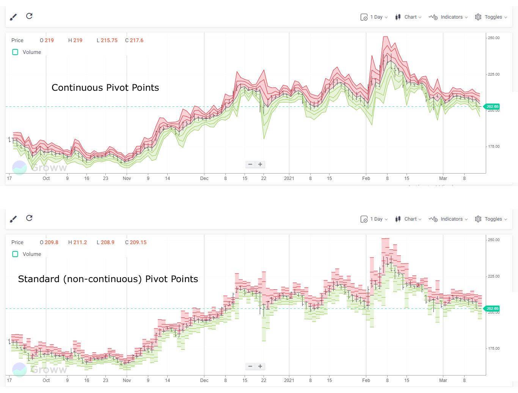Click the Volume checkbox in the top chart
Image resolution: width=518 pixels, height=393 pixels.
click(15, 52)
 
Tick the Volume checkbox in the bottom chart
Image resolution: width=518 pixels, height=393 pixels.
click(15, 254)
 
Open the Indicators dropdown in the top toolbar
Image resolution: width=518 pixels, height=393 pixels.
click(448, 17)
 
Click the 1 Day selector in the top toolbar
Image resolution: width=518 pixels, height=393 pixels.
click(374, 17)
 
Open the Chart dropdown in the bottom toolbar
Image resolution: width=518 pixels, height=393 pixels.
click(408, 219)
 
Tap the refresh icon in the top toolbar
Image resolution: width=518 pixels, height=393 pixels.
click(29, 16)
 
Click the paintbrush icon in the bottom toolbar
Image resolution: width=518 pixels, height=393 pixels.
click(13, 219)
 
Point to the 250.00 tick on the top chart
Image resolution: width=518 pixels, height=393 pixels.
click(493, 38)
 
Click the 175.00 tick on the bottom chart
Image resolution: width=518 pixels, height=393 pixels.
click(493, 348)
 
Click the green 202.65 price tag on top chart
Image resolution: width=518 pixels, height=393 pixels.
click(492, 107)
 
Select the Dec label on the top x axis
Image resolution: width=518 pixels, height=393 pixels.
click(204, 178)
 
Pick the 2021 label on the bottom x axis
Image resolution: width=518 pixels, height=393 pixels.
click(289, 380)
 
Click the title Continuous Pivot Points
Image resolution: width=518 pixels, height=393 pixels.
click(105, 88)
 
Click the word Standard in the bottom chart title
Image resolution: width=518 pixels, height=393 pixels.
click(39, 279)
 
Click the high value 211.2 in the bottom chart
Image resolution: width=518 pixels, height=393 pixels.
click(80, 242)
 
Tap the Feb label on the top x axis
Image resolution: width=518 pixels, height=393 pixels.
click(366, 178)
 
